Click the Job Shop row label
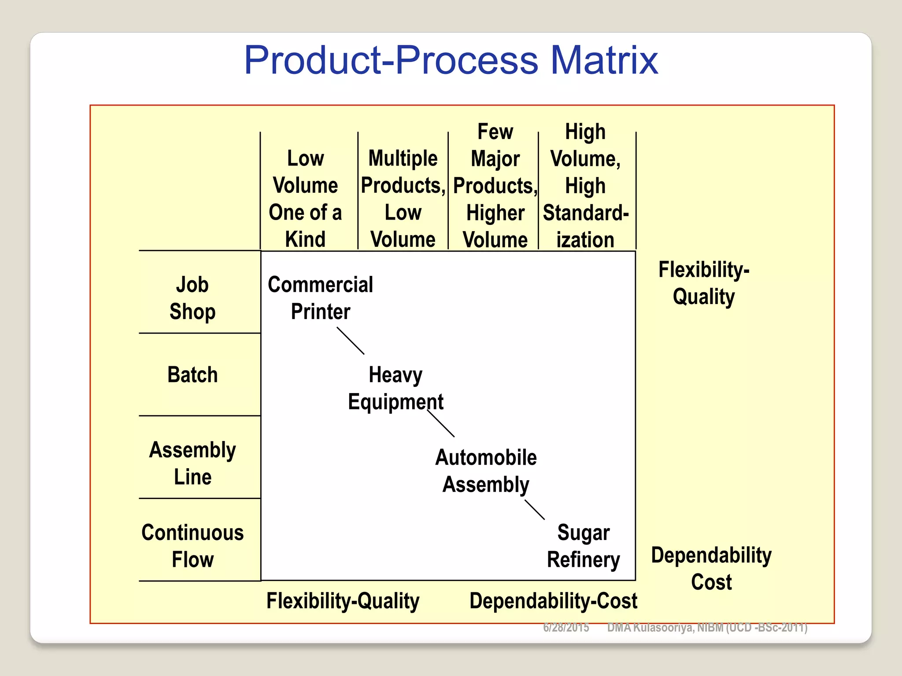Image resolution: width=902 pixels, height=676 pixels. click(x=192, y=298)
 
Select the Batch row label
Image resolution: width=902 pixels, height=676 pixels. click(x=192, y=375)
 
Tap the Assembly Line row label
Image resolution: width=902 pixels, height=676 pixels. click(x=192, y=463)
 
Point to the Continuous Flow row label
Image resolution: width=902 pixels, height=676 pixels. click(x=192, y=546)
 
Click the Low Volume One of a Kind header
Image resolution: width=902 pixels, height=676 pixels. click(x=305, y=199)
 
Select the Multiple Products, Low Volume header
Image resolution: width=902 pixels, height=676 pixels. click(x=403, y=199)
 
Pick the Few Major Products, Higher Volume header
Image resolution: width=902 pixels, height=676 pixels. click(x=495, y=186)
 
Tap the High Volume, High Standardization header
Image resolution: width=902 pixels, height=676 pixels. click(x=585, y=186)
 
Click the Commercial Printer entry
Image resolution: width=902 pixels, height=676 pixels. click(x=320, y=298)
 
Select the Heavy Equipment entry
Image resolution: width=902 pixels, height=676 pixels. click(x=396, y=388)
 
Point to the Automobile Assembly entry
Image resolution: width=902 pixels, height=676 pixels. click(x=486, y=471)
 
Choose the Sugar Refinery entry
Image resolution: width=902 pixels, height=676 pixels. click(x=583, y=546)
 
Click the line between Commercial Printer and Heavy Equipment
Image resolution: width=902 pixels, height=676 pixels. click(x=351, y=341)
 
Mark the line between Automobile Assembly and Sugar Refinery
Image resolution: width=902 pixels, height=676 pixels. click(x=535, y=510)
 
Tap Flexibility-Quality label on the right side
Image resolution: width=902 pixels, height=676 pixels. click(x=703, y=283)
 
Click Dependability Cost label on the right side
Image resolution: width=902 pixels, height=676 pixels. click(x=711, y=568)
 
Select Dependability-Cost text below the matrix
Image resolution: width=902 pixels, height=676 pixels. click(x=553, y=601)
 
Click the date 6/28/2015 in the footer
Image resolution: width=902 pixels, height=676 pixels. click(x=566, y=628)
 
